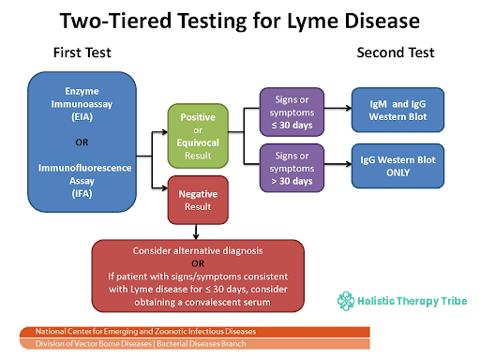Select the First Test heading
pyautogui.click(x=82, y=52)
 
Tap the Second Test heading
pyautogui.click(x=396, y=52)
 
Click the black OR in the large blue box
pyautogui.click(x=82, y=142)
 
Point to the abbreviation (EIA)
pyautogui.click(x=82, y=117)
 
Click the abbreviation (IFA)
pyautogui.click(x=82, y=194)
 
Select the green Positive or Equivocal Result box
pyautogui.click(x=198, y=136)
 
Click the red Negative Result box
pyautogui.click(x=198, y=200)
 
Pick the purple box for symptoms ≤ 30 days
pyautogui.click(x=292, y=112)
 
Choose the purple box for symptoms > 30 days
pyautogui.click(x=292, y=168)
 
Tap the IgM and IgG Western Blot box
pyautogui.click(x=397, y=110)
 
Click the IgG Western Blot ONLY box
pyautogui.click(x=397, y=166)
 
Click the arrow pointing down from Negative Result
pyautogui.click(x=196, y=232)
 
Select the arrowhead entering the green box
pyautogui.click(x=165, y=132)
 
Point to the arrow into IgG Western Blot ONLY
pyautogui.click(x=337, y=164)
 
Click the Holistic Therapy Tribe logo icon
pyautogui.click(x=346, y=301)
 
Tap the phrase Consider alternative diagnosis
pyautogui.click(x=198, y=251)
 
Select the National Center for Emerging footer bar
pyautogui.click(x=195, y=332)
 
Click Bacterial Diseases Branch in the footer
pyautogui.click(x=202, y=344)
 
